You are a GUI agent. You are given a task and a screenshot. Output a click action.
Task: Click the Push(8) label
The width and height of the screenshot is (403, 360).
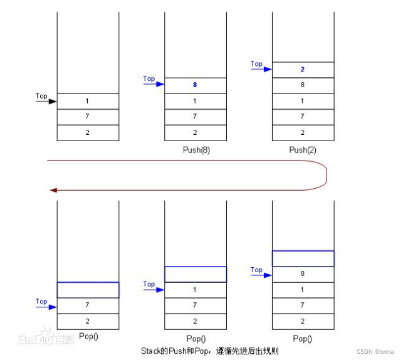click(x=196, y=150)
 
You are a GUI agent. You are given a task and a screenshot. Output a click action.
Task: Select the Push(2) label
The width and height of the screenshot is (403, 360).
click(x=303, y=150)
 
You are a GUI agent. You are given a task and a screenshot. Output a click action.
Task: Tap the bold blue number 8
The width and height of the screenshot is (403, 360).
click(x=195, y=85)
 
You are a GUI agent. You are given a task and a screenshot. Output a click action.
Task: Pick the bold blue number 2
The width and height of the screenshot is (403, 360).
click(x=303, y=69)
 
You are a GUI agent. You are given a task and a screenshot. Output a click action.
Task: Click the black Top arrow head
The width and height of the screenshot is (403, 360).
click(x=53, y=102)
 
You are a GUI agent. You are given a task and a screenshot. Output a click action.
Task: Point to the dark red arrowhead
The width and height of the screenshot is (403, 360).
click(x=53, y=190)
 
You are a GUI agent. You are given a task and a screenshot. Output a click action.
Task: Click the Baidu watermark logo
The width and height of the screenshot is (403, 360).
click(x=46, y=336)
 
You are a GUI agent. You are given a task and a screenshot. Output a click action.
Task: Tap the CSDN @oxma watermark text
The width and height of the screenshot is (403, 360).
click(x=375, y=351)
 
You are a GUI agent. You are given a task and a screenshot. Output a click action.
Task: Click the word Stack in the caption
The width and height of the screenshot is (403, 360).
click(x=150, y=351)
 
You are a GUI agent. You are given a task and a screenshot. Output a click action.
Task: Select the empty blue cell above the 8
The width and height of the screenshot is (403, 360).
click(x=303, y=258)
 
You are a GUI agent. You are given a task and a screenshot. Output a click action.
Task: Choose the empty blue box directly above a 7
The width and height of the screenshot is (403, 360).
click(x=88, y=290)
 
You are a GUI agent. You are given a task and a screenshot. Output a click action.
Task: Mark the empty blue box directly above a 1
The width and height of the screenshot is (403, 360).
click(x=196, y=274)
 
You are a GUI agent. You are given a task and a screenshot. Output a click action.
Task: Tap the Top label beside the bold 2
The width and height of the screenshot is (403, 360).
click(x=256, y=64)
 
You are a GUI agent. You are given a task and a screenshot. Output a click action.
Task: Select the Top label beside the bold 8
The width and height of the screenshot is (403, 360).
click(x=149, y=78)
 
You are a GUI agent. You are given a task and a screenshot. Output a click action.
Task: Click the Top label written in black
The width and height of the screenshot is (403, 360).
click(x=41, y=96)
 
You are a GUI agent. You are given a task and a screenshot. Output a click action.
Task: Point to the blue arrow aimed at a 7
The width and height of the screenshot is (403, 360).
click(x=46, y=307)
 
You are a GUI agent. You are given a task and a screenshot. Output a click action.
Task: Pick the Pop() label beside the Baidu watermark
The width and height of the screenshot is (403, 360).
click(x=88, y=336)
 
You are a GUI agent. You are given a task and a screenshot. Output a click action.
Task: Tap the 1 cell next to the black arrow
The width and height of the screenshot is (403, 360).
click(x=88, y=102)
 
